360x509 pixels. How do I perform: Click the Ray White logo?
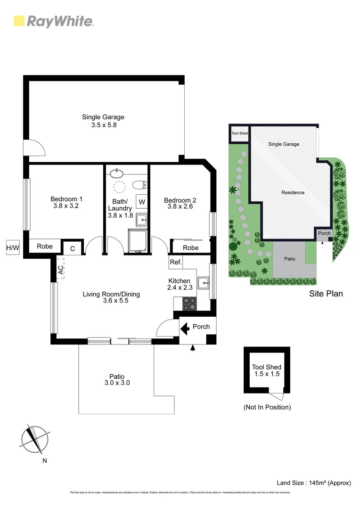coord(54,21)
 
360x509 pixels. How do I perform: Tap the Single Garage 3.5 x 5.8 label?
coord(103,121)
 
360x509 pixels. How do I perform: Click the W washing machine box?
coord(142,202)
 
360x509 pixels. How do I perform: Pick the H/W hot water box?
coord(12,247)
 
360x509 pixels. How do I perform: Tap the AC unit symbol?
coord(60,270)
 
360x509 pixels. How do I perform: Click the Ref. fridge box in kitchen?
coord(175,262)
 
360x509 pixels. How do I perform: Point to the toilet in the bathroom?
coord(140,184)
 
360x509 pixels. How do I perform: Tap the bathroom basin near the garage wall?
coord(115,173)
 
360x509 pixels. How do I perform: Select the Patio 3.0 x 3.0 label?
coord(117,380)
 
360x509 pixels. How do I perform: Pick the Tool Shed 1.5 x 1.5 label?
coord(266,370)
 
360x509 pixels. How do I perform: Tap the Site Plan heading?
coord(326,294)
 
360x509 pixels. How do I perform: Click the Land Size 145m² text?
coord(314,483)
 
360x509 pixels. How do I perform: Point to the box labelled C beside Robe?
coord(73,248)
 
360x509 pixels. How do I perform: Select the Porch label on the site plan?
coord(324,233)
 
